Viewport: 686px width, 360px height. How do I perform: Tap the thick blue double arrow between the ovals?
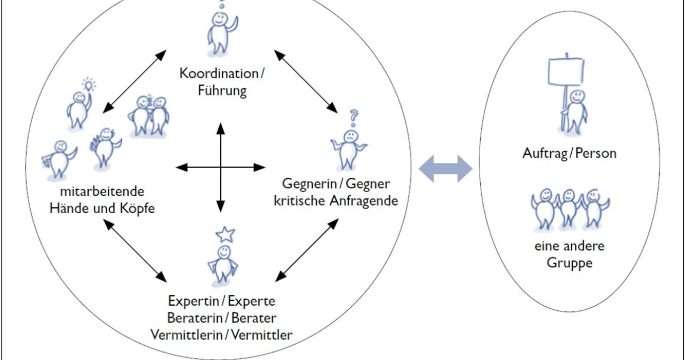coord(446,169)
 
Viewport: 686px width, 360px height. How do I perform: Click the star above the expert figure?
coord(225,234)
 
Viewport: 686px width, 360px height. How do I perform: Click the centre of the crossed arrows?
coord(221,167)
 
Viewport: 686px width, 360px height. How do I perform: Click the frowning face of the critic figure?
coord(349,138)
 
